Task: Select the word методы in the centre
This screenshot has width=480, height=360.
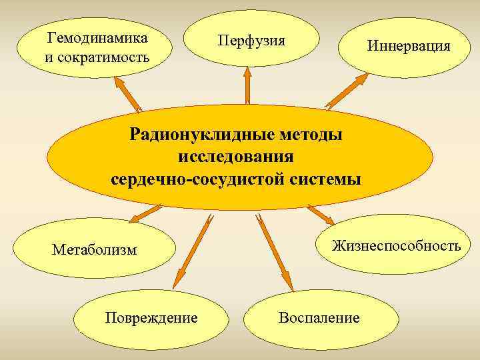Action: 308,135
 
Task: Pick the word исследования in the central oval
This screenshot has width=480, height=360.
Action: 236,157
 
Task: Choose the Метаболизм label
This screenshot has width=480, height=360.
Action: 94,250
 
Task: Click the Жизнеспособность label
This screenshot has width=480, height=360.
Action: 396,246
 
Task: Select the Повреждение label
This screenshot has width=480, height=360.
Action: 151,317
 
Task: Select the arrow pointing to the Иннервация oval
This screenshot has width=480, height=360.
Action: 347,91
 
